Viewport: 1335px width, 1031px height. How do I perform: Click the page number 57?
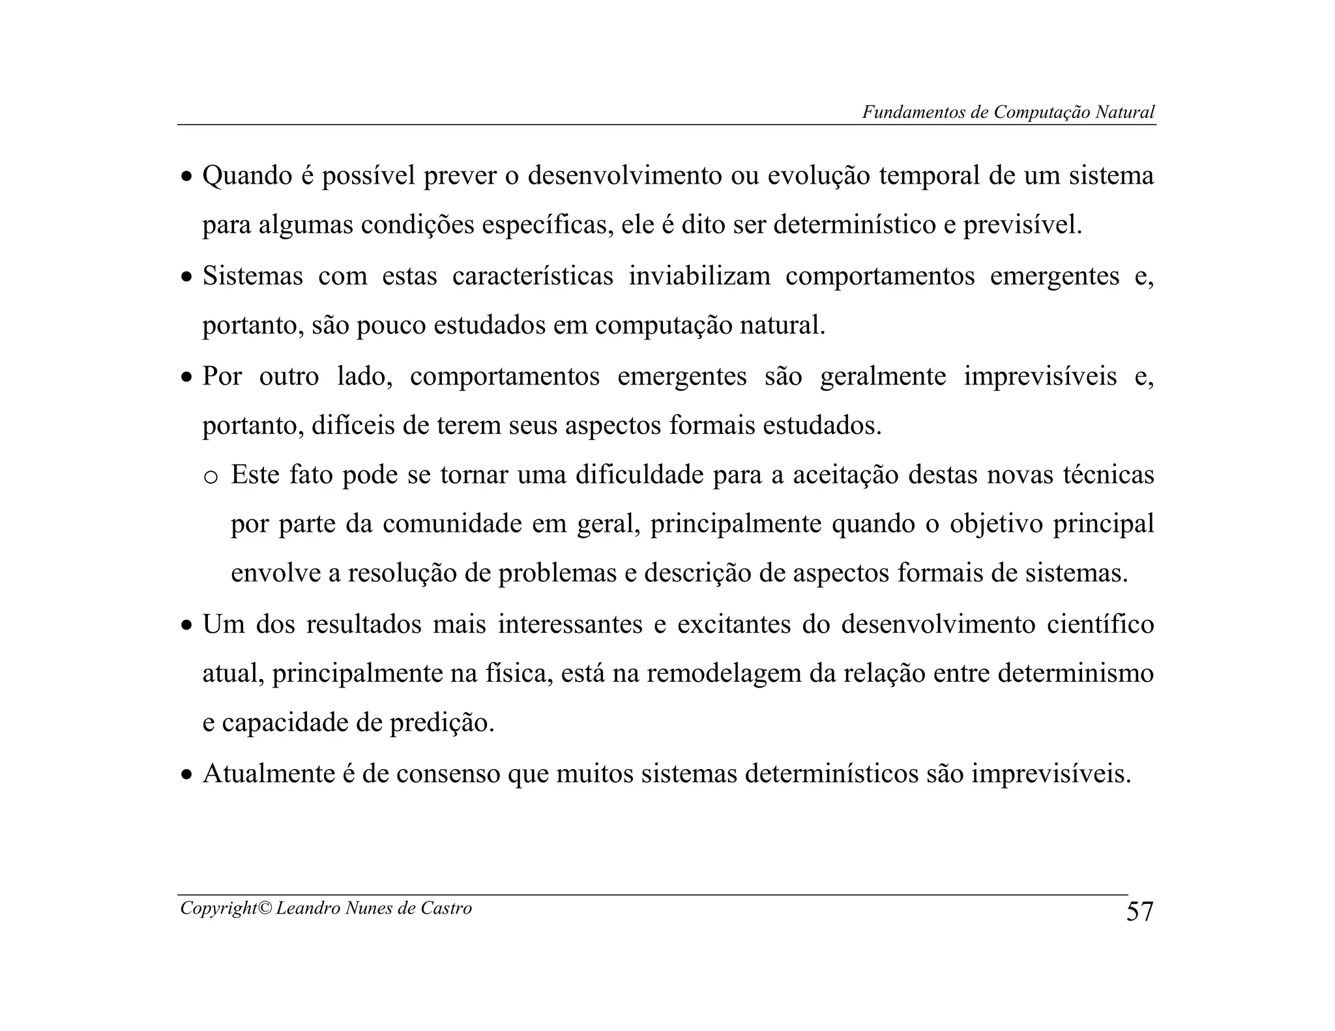coord(1139,911)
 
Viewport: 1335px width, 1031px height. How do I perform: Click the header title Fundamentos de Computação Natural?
coord(1008,112)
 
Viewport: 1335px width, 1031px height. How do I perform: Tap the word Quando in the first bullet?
coord(247,176)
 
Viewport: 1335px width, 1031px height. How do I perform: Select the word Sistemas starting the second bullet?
coord(252,276)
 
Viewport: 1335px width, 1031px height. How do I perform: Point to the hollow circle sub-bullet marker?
coord(211,477)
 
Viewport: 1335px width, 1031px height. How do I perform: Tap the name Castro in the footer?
coord(446,908)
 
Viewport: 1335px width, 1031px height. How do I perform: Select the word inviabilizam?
coord(699,276)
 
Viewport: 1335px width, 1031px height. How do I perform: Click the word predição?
coord(442,723)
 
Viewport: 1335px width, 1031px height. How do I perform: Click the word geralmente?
coord(883,376)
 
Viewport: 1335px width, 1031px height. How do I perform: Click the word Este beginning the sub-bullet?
coord(255,474)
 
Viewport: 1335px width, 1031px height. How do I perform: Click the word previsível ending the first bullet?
coord(1022,225)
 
